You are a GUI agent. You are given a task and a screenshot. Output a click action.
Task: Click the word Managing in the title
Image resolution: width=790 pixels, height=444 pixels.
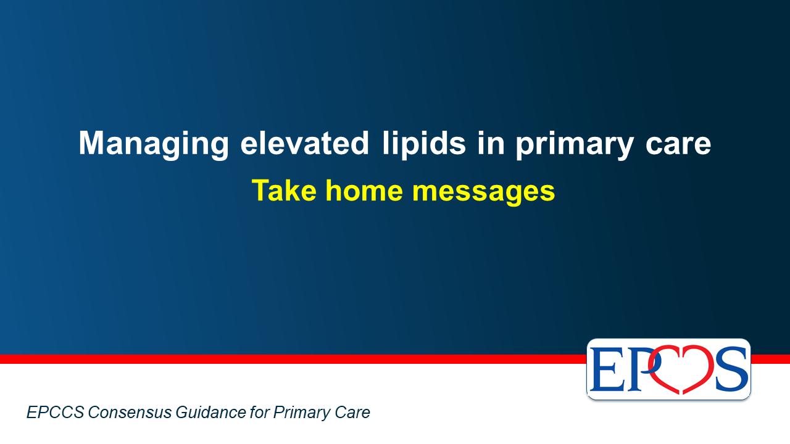tap(154, 144)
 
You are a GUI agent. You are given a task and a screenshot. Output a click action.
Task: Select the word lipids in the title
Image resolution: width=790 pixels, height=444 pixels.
tap(424, 144)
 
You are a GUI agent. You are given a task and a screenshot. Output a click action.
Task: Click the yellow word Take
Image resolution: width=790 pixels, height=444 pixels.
tap(285, 191)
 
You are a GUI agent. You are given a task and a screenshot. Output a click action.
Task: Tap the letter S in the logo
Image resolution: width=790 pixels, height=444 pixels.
tap(732, 369)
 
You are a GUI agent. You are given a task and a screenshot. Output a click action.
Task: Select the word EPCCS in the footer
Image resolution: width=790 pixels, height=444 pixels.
tap(56, 413)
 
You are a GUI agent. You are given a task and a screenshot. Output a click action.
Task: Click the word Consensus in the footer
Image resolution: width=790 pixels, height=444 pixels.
tap(130, 413)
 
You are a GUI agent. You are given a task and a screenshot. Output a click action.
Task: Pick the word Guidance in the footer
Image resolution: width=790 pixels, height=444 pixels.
tap(210, 413)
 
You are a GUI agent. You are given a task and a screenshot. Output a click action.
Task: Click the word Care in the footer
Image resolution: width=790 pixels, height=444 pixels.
tap(352, 413)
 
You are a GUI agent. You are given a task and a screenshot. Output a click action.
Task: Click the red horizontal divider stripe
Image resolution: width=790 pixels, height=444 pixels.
tap(293, 359)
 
